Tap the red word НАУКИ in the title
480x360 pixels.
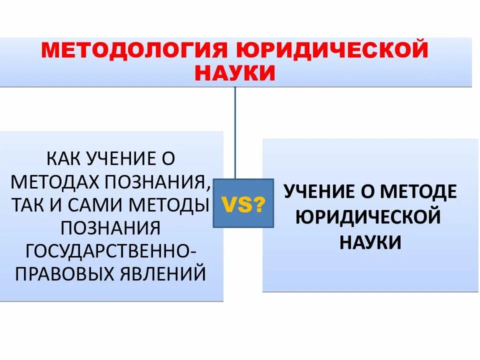[x=234, y=73]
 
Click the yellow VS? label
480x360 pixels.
[x=243, y=203]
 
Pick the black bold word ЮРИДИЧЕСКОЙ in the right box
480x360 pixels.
[x=368, y=217]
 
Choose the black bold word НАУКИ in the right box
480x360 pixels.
[x=370, y=242]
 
